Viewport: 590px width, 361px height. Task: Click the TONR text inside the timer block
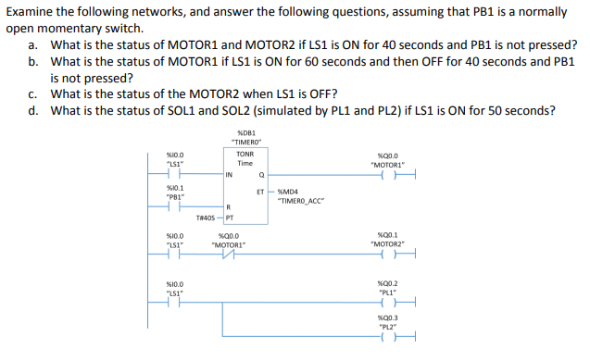[x=245, y=154]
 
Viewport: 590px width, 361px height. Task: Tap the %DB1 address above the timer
[x=245, y=134]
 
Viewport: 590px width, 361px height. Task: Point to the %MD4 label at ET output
[x=290, y=193]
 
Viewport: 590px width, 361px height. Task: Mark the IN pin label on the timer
[x=229, y=173]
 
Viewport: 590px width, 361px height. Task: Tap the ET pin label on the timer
[x=260, y=193]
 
